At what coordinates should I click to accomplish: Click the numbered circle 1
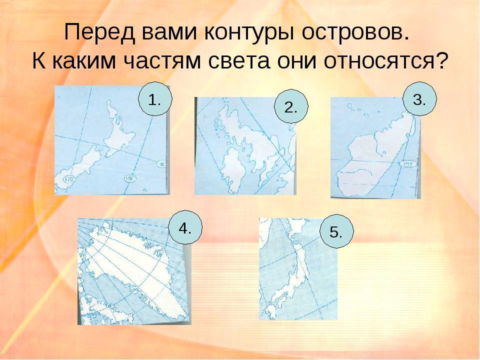tap(155, 99)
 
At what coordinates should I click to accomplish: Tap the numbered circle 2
tap(291, 106)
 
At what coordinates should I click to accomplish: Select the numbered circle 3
tap(419, 99)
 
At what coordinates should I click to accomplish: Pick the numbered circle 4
tap(185, 227)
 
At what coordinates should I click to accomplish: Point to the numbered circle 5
tap(336, 231)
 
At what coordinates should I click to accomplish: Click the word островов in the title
tap(355, 32)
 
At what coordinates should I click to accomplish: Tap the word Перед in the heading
tap(99, 32)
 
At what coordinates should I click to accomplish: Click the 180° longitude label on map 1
tap(130, 179)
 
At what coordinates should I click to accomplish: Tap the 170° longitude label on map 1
tap(69, 179)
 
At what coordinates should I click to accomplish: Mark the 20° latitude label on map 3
tap(407, 164)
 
